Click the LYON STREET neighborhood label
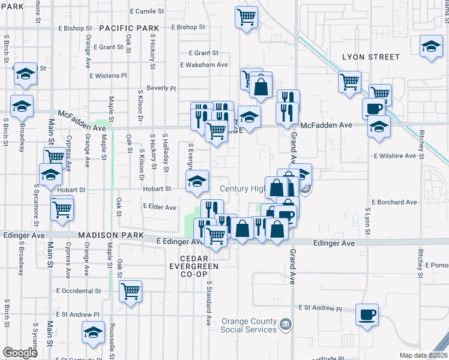pos(370,57)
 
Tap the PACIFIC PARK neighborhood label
pos(129,28)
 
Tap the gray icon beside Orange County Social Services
pos(287,325)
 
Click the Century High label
pos(242,188)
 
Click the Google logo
pos(20,353)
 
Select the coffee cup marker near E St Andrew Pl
pos(367,314)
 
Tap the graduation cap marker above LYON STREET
pos(430,46)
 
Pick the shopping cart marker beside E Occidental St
pos(130,291)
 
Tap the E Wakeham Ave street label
pos(204,65)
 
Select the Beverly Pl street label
pos(161,88)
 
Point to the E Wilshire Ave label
pos(394,156)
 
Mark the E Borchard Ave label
pos(394,203)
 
